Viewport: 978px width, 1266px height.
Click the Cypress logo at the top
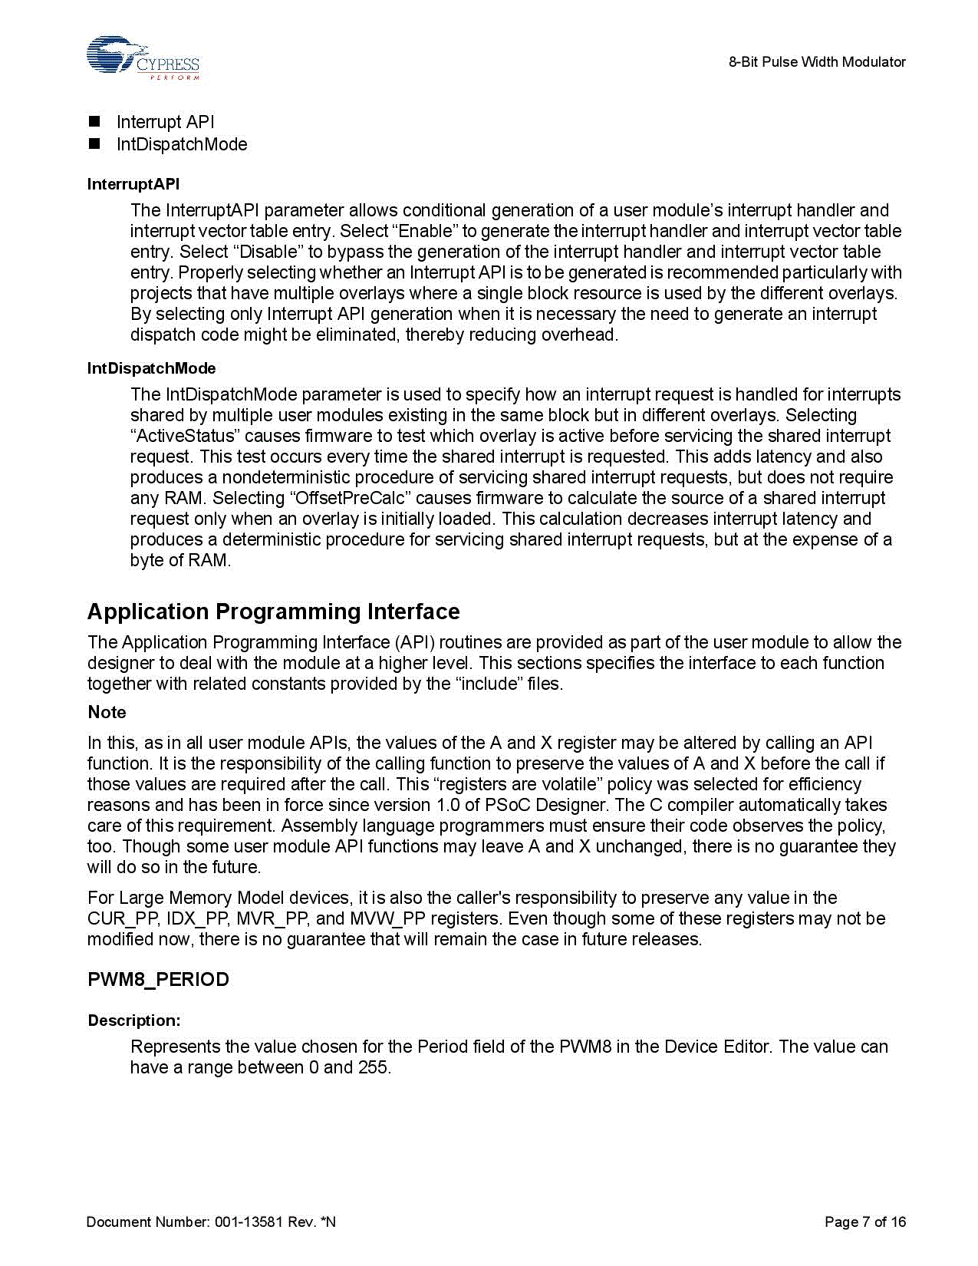143,58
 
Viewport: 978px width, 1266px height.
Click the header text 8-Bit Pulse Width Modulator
817,62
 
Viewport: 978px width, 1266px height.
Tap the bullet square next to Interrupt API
94,122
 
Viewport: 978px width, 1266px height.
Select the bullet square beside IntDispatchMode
94,143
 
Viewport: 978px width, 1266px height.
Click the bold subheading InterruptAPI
133,184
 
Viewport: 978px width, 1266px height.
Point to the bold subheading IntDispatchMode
151,368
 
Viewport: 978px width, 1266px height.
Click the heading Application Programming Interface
273,612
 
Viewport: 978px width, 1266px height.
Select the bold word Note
107,712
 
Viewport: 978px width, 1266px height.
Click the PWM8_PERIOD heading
158,980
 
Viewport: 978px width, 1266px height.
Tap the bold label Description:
134,1020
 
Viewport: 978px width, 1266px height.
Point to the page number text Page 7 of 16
864,1221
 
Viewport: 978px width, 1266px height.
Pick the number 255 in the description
373,1067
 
